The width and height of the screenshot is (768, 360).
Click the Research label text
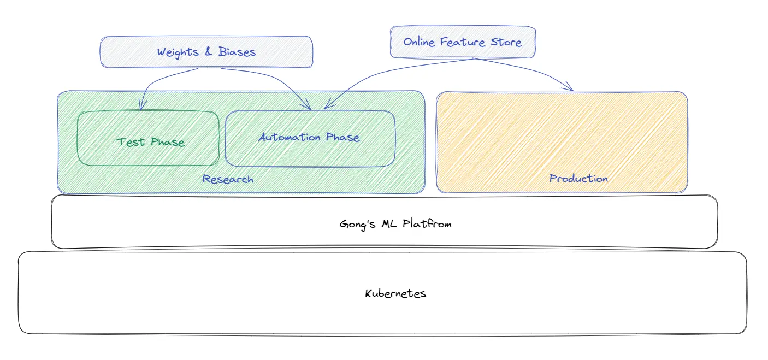pos(228,179)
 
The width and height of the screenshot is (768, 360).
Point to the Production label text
pos(578,179)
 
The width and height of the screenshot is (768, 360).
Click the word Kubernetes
pos(395,293)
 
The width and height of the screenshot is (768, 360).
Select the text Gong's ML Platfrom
pos(395,223)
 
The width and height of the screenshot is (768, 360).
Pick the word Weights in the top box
pos(177,52)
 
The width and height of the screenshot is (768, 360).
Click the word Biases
pos(237,52)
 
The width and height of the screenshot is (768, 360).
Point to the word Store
pos(506,42)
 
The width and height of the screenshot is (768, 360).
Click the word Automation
pos(290,137)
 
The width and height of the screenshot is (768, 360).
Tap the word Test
pos(131,142)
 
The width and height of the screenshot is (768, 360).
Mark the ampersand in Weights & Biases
pos(208,52)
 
